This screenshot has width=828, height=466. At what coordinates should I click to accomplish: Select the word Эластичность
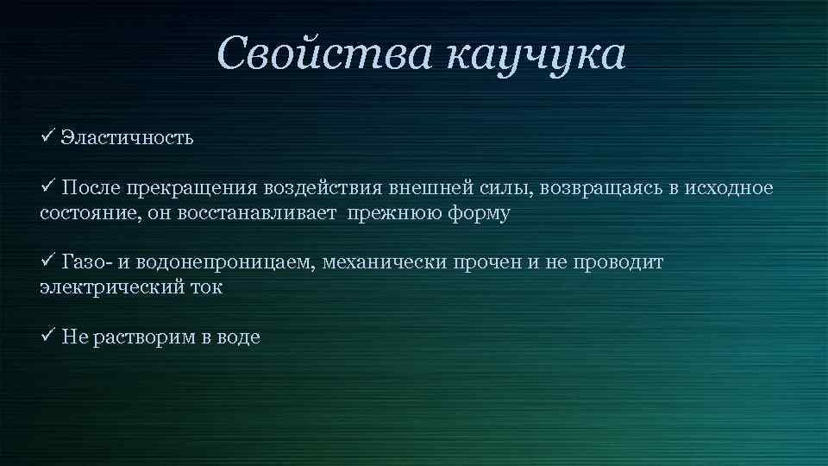[x=127, y=138]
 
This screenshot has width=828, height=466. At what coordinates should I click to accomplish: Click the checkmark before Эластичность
[x=48, y=136]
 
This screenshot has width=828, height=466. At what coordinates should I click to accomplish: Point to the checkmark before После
[x=48, y=187]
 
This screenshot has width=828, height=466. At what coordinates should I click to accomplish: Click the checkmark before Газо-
[x=48, y=261]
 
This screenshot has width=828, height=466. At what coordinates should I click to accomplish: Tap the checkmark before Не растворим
[x=48, y=337]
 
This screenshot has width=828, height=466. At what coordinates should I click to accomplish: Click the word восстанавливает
[x=260, y=213]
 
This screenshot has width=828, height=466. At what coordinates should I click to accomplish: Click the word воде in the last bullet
[x=237, y=338]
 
